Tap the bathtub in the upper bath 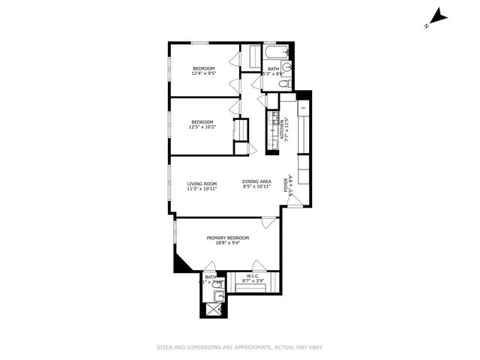[x=273, y=53]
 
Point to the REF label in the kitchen [x=303, y=108]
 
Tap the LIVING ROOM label [x=202, y=184]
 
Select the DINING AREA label [x=256, y=181]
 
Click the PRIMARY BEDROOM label [x=228, y=238]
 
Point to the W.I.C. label [x=252, y=275]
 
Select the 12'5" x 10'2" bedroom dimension [x=202, y=127]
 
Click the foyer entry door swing [x=296, y=200]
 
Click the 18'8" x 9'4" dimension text [x=228, y=244]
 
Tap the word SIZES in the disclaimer [x=164, y=347]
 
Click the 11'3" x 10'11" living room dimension [x=202, y=189]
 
